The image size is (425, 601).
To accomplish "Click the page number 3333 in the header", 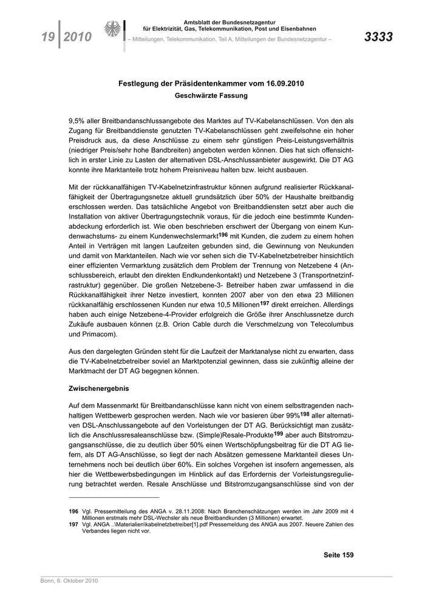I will [x=378, y=38].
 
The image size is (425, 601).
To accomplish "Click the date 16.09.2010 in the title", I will [x=282, y=83].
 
